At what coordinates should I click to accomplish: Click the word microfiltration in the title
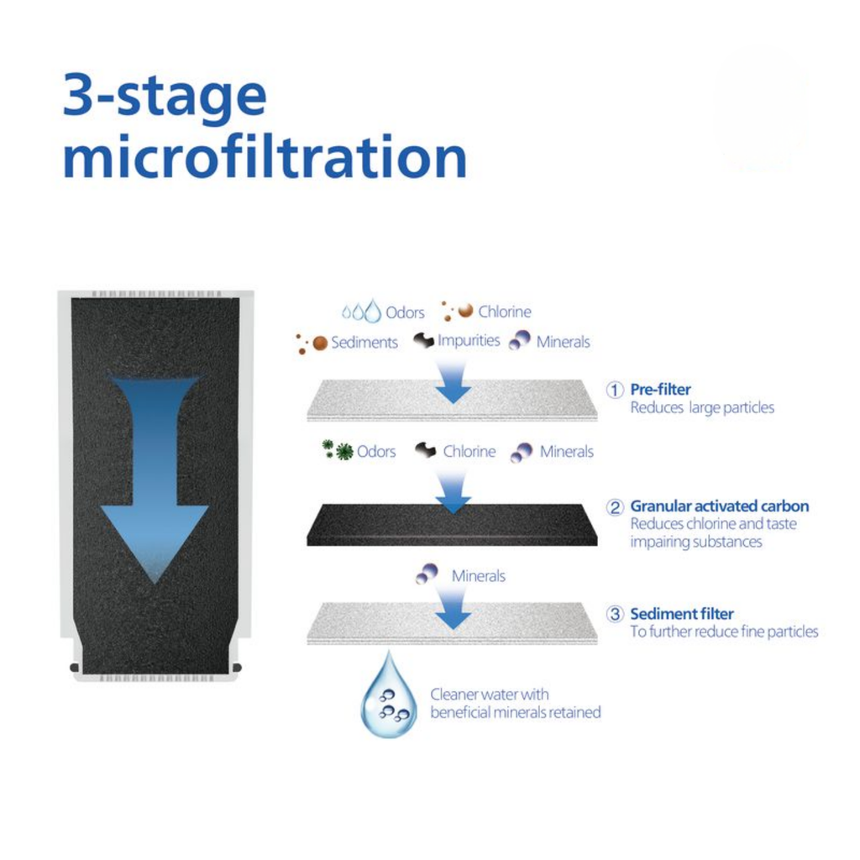(x=265, y=156)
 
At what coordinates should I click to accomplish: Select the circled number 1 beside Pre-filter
(x=615, y=390)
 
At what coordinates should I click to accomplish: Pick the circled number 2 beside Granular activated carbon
(x=615, y=506)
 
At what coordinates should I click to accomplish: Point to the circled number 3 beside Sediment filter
(x=615, y=614)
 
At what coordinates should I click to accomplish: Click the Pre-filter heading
(x=660, y=390)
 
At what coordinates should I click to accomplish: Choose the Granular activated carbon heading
(x=720, y=506)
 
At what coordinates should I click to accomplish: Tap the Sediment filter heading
(x=682, y=613)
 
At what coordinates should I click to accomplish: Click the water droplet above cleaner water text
(x=389, y=695)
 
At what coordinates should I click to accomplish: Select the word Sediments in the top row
(x=364, y=343)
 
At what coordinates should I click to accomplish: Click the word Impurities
(x=469, y=341)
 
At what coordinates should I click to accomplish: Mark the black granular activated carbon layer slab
(x=452, y=525)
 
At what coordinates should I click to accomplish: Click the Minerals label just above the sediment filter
(x=478, y=576)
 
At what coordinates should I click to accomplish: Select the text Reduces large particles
(x=702, y=407)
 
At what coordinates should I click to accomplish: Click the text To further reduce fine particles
(x=724, y=632)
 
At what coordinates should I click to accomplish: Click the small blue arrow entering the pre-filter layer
(x=453, y=382)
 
